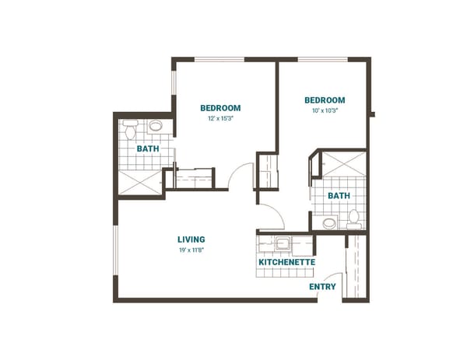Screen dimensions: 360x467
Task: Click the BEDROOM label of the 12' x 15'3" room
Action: pos(220,108)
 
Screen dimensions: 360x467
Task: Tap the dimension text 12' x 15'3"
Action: pos(220,119)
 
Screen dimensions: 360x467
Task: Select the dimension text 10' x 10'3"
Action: pos(324,111)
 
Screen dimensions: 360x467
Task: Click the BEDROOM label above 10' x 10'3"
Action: pos(324,100)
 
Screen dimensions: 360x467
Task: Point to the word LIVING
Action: pos(191,239)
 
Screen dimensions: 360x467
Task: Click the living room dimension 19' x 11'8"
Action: pos(191,250)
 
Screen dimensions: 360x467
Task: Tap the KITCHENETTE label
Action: pos(286,263)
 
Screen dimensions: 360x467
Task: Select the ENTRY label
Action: pos(322,287)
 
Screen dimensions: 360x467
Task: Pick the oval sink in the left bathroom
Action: pos(156,125)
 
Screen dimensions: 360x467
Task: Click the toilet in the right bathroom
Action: pos(354,218)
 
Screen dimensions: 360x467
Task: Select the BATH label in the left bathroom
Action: pos(148,149)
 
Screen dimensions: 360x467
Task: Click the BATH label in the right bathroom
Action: pos(338,196)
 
